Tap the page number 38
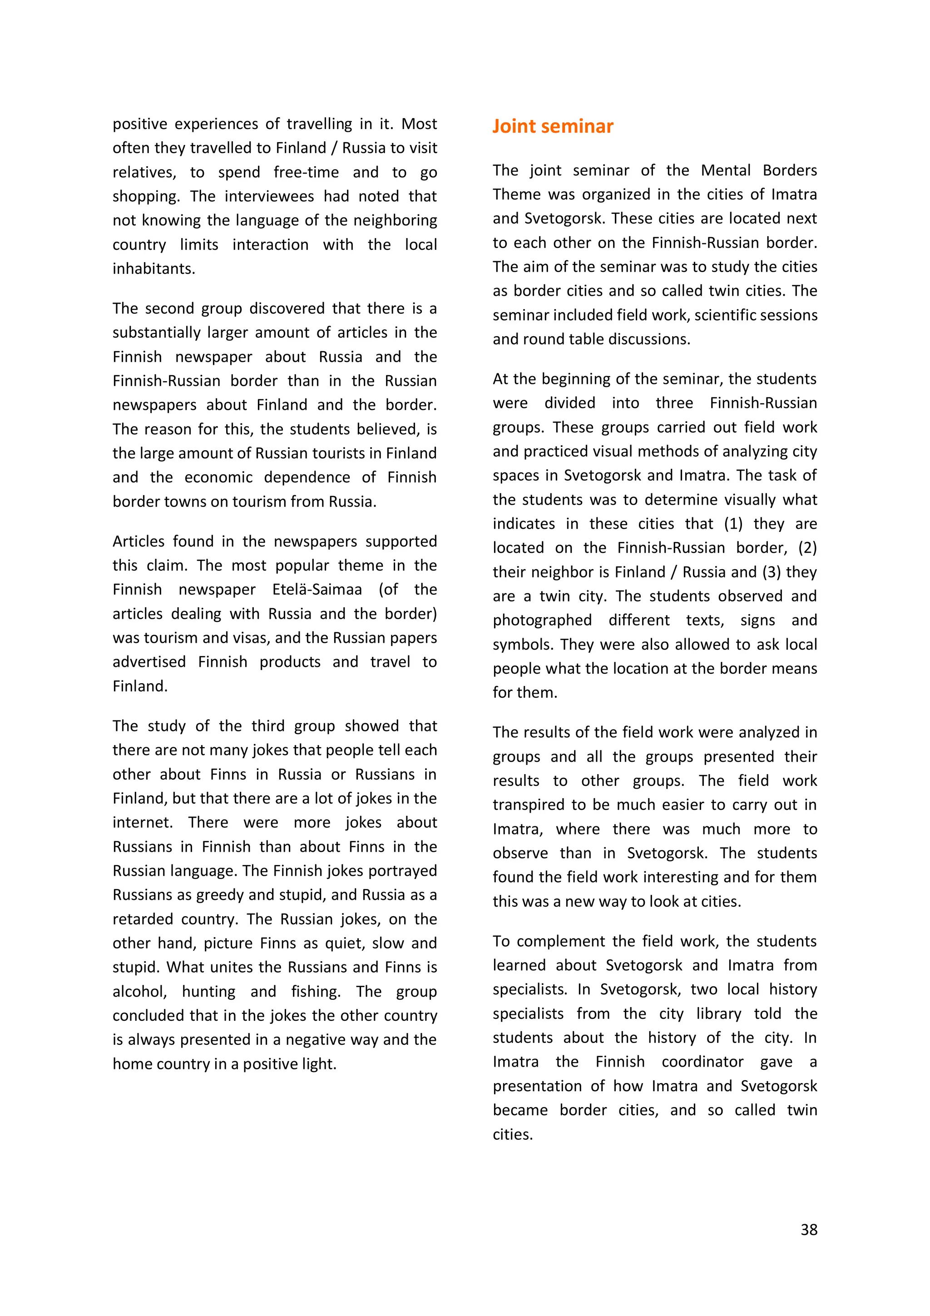point(808,1229)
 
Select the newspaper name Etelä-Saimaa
point(317,589)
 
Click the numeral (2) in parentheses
point(807,547)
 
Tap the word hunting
point(208,991)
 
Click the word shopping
point(146,196)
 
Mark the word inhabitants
point(153,268)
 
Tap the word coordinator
point(702,1062)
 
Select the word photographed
point(542,620)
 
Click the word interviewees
point(269,196)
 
